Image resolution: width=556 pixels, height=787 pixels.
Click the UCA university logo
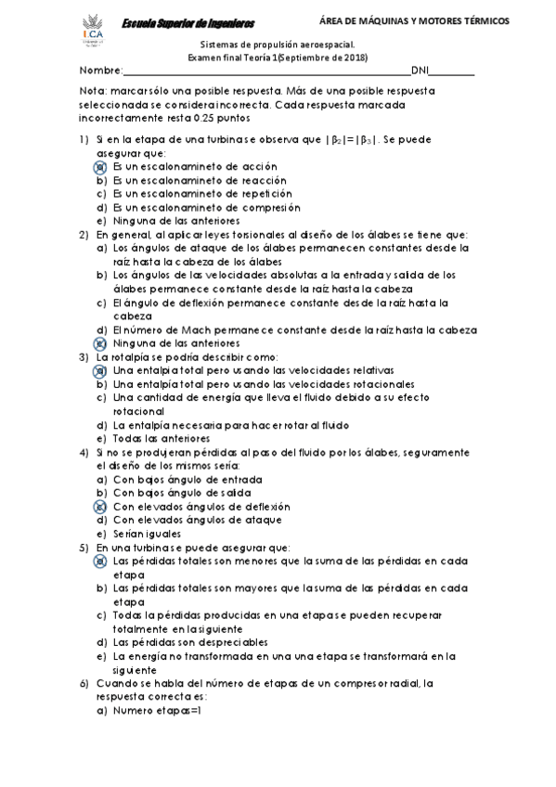tap(94, 32)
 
